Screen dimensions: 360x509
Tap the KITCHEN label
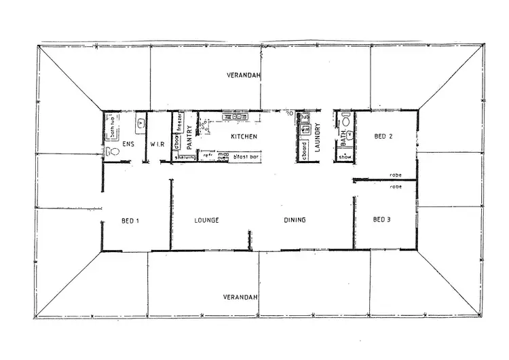tap(243, 137)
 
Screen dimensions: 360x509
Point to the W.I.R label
tap(156, 143)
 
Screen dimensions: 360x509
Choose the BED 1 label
tap(130, 220)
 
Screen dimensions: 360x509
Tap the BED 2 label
tap(383, 137)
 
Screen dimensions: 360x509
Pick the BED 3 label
tap(383, 220)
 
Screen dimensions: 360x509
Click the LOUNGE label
tap(206, 220)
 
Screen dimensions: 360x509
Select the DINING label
tap(295, 220)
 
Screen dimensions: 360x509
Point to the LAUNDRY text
tap(318, 137)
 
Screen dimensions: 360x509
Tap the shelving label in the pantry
tap(185, 158)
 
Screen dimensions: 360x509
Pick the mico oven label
tap(223, 157)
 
